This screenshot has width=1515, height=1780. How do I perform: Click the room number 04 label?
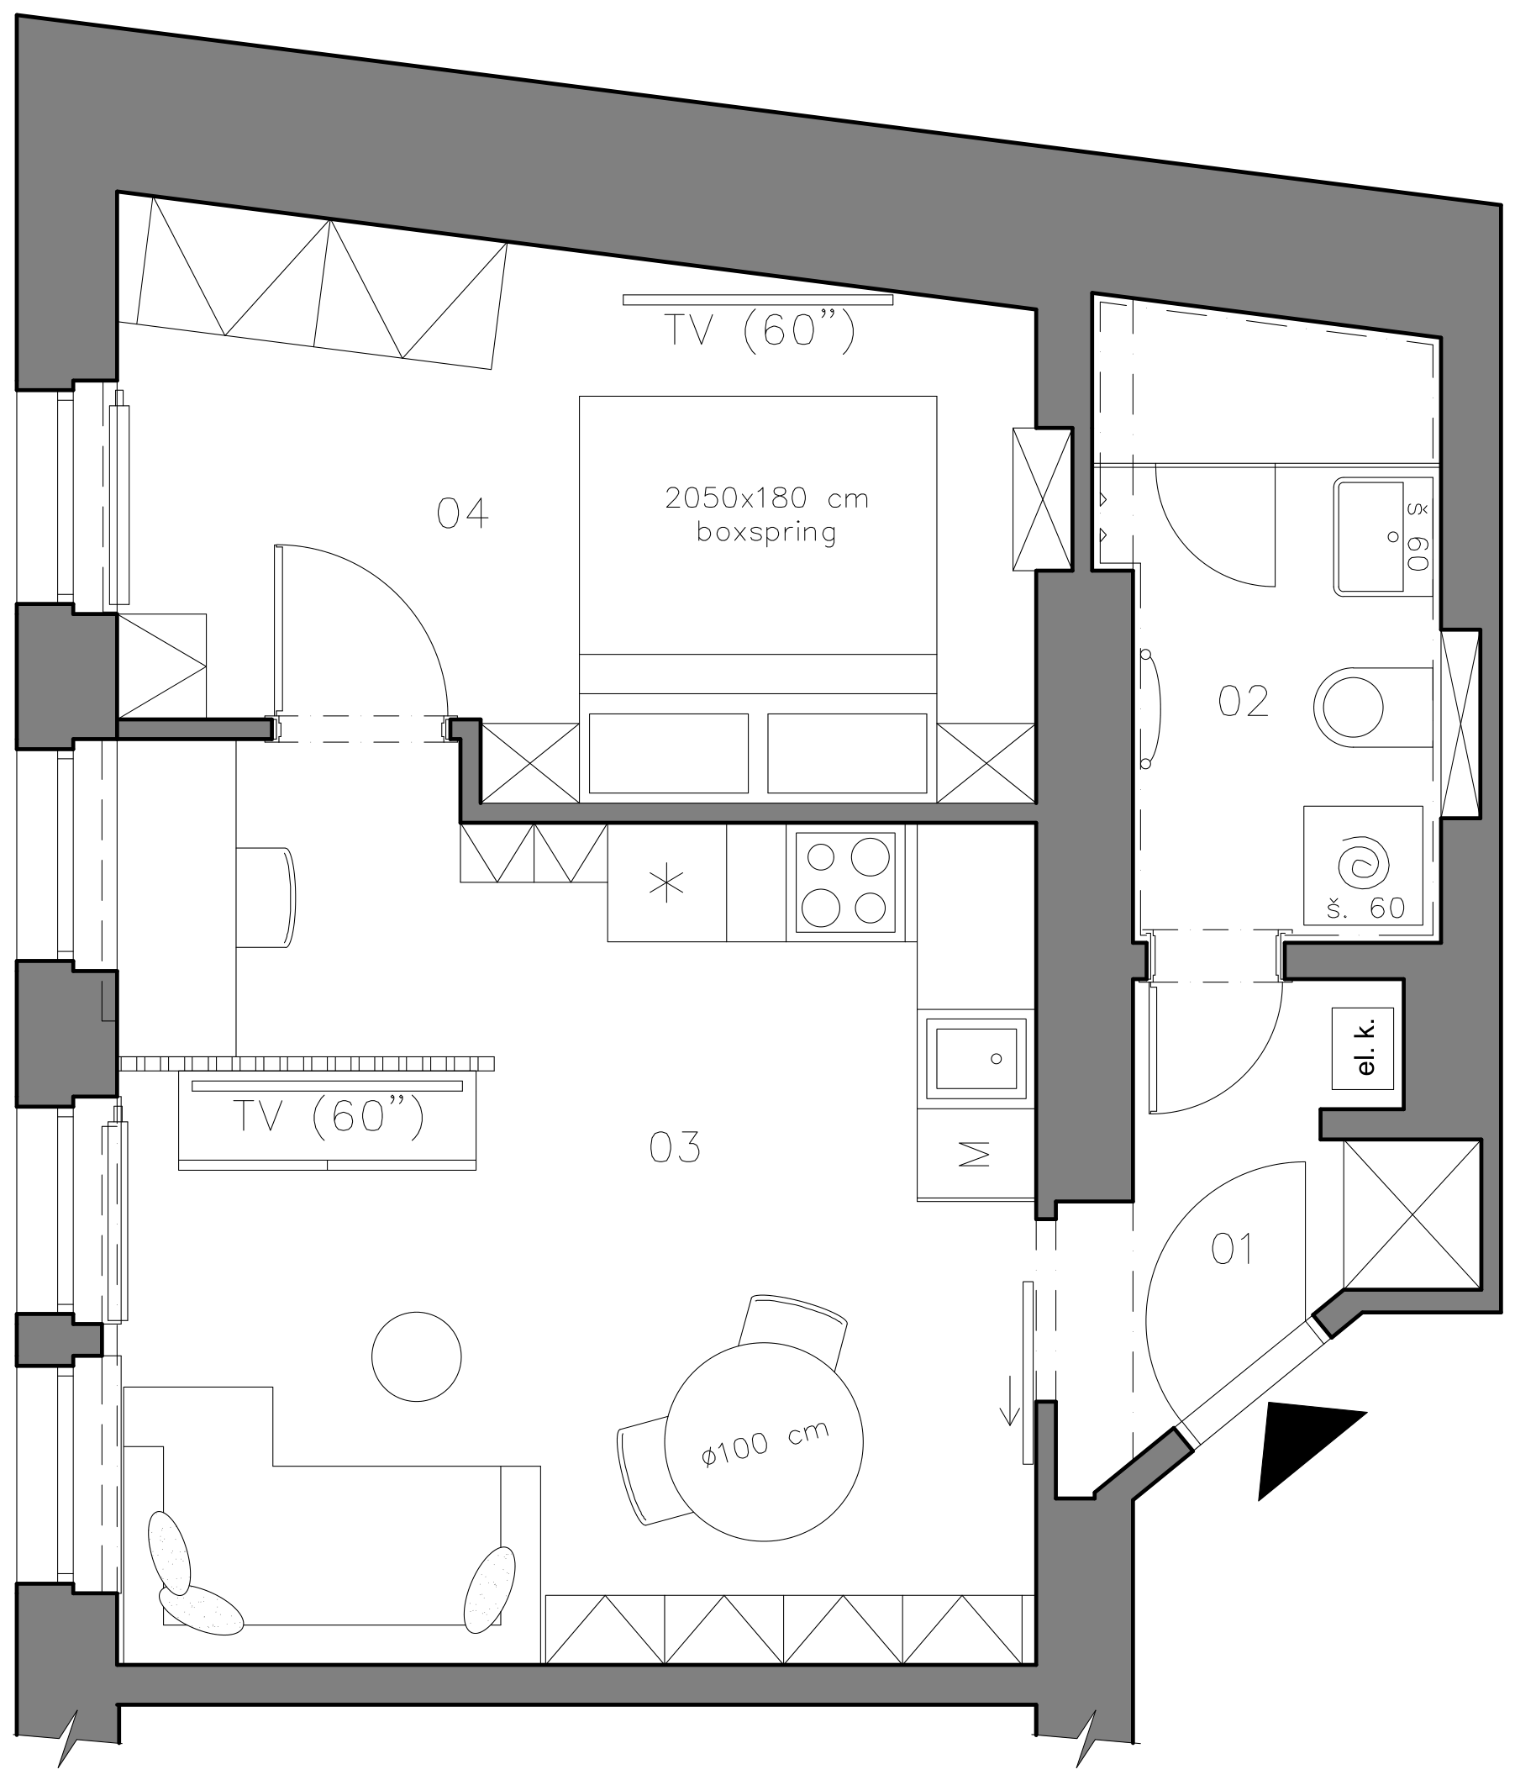(462, 513)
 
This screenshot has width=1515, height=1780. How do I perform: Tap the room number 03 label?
(674, 1148)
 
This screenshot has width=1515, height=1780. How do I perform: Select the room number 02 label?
(1243, 702)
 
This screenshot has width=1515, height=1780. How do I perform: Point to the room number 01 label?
(1232, 1249)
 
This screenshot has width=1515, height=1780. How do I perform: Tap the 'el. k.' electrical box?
(1363, 1048)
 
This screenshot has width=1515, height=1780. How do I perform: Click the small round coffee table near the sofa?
(417, 1356)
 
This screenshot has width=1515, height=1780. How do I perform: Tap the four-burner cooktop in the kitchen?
(845, 882)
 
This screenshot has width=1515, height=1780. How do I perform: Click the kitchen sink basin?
(976, 1058)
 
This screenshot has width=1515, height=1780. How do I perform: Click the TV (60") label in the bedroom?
(760, 330)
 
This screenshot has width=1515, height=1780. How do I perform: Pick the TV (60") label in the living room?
(329, 1118)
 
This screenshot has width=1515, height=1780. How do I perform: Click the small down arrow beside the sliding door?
(1010, 1426)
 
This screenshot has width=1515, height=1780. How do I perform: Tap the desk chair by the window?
(266, 897)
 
